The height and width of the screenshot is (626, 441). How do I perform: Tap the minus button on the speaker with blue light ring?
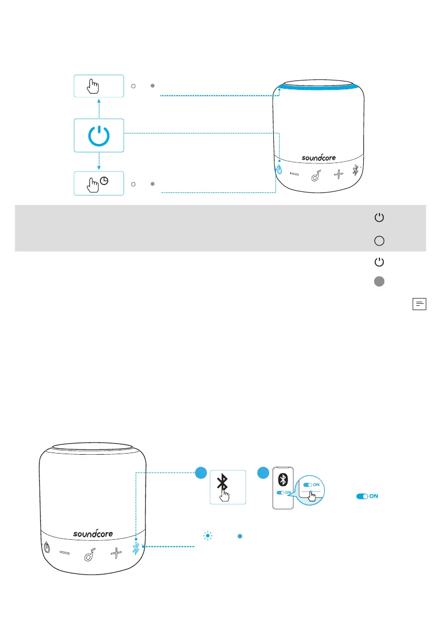pos(295,174)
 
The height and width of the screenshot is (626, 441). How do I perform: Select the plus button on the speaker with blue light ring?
pos(339,174)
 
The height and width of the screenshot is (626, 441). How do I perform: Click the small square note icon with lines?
pos(420,304)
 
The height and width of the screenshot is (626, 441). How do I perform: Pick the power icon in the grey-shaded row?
pos(378,217)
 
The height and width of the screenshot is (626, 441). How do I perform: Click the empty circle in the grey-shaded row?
pos(378,241)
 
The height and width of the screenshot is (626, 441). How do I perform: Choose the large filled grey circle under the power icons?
pos(378,282)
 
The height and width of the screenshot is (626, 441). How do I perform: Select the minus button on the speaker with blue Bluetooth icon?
pos(65,552)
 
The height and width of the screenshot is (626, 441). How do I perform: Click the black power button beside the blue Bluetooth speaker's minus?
pos(47,548)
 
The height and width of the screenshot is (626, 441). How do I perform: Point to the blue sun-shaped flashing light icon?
pos(207,536)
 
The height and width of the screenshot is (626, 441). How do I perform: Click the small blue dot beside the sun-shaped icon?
pos(239,536)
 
